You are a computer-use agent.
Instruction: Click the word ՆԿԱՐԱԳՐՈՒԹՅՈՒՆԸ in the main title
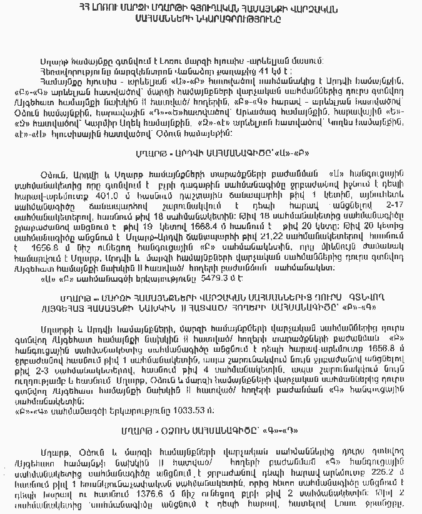point(244,19)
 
